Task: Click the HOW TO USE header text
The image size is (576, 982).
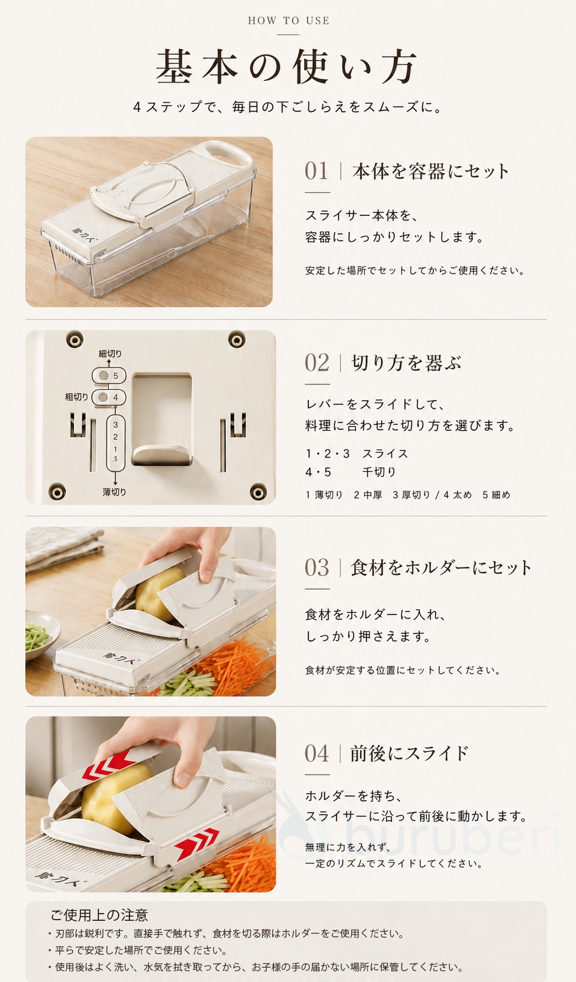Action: [288, 20]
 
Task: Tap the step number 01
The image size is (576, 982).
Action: [316, 171]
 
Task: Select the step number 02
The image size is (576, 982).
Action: [316, 363]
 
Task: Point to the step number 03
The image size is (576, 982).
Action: [316, 567]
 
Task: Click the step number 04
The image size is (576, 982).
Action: [316, 753]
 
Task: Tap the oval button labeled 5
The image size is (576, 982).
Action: [109, 376]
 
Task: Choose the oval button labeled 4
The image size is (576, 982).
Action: [109, 397]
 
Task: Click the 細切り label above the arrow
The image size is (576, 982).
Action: [110, 353]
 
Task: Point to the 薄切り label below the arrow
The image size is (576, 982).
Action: [114, 492]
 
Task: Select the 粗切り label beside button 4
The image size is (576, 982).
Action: [77, 397]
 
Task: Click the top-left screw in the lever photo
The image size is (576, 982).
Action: [74, 339]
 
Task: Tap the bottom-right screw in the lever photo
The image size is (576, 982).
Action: [258, 491]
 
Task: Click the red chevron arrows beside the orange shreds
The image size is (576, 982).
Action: [197, 845]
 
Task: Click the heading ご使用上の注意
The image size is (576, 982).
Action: [99, 915]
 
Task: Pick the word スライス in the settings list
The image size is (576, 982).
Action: [385, 454]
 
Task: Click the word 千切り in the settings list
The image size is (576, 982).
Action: [379, 472]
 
